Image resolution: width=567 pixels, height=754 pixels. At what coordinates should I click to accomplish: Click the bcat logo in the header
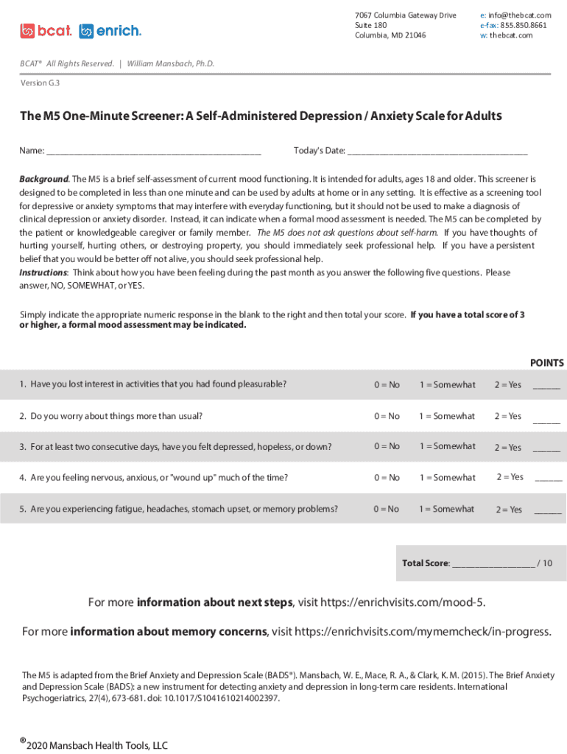[46, 31]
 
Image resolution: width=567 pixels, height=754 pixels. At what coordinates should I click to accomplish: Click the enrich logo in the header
[110, 31]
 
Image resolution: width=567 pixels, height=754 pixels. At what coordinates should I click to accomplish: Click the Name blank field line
[153, 152]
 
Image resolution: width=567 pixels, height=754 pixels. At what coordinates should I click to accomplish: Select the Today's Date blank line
[437, 152]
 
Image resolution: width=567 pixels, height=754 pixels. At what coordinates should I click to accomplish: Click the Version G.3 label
[40, 83]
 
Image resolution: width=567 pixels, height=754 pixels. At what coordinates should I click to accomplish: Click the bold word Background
[43, 179]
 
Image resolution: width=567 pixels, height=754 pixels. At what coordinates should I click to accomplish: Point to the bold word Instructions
[43, 272]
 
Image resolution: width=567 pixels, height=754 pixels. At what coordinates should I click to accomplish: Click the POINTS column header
[546, 363]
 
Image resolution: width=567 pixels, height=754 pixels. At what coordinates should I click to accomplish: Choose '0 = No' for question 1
[387, 384]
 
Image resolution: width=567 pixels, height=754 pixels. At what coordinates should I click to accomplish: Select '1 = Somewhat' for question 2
[447, 416]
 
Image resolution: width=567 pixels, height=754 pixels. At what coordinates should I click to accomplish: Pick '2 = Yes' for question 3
[507, 447]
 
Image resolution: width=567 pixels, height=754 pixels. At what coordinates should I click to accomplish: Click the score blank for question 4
[548, 479]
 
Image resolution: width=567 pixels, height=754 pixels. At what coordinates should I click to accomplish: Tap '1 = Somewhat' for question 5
[447, 509]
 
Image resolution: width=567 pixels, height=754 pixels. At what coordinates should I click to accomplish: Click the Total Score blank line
[493, 564]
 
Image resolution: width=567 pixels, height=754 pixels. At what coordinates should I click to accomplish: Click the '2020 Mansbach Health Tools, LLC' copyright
[96, 745]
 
